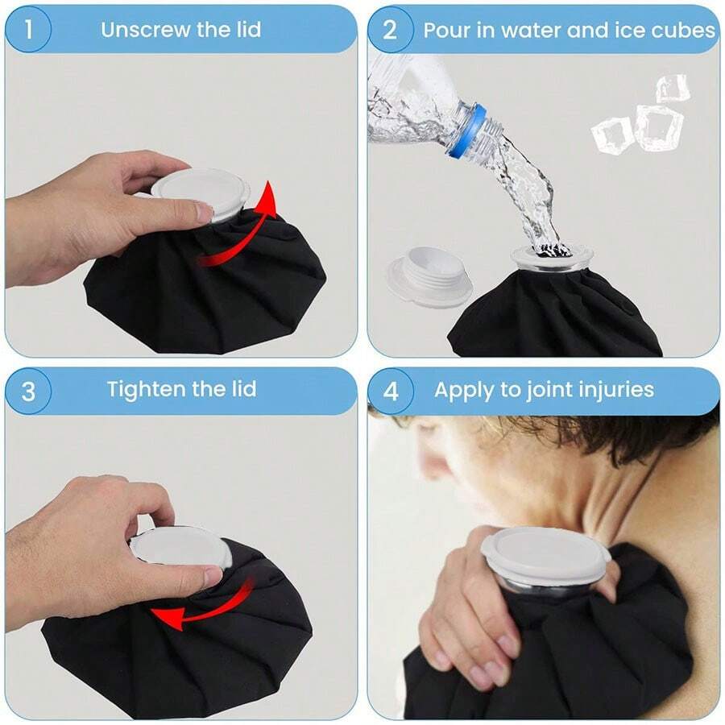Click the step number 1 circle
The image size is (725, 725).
point(28,29)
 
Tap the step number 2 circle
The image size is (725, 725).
point(390,30)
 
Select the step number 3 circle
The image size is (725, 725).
point(28,391)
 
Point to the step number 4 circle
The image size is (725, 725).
point(391,391)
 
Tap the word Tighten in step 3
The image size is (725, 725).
point(147,390)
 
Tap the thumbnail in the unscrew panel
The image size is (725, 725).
point(204,211)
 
